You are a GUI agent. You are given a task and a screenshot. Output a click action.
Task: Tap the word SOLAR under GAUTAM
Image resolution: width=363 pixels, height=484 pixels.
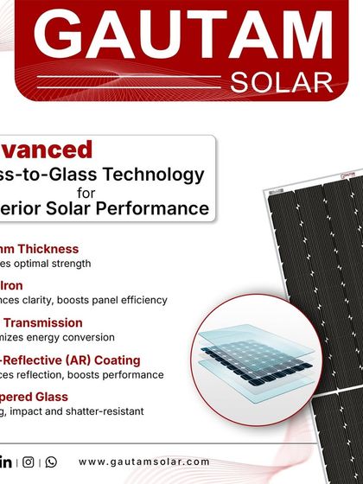(282, 82)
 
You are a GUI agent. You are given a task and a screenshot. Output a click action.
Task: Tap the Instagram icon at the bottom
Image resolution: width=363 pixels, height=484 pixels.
(29, 462)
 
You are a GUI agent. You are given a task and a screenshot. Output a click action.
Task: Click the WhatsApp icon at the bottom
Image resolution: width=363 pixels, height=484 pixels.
(50, 462)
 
